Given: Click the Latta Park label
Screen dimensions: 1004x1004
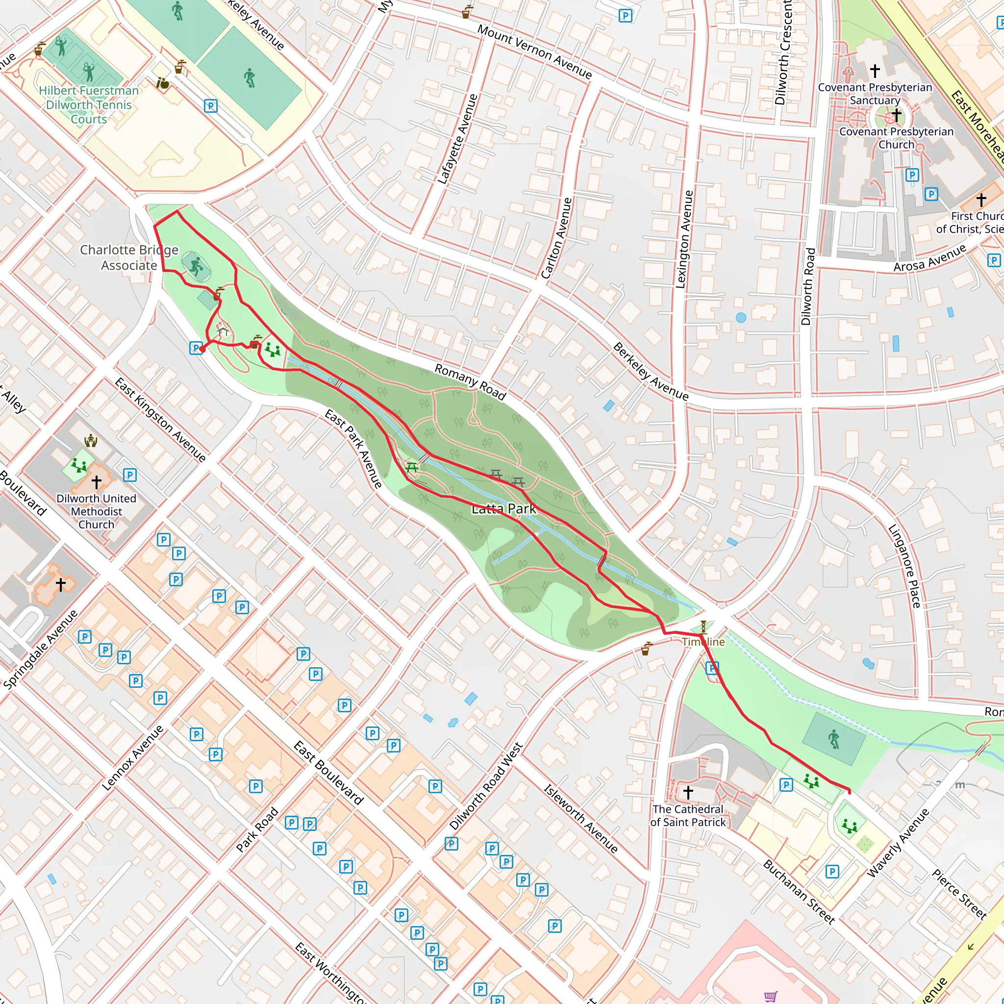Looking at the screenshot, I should click(x=503, y=509).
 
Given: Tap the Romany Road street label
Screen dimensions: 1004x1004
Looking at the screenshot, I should click(x=470, y=382).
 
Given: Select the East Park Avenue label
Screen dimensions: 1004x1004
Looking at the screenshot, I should click(x=354, y=449).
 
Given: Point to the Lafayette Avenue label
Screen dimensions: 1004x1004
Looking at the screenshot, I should click(x=457, y=139).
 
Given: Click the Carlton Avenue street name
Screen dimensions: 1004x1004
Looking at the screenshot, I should click(x=556, y=239).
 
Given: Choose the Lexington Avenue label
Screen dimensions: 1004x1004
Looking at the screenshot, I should click(x=684, y=239).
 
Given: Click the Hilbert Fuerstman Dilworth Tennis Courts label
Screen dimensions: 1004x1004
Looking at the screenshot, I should click(x=89, y=105).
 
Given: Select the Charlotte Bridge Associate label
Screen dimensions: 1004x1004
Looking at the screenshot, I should click(x=129, y=258).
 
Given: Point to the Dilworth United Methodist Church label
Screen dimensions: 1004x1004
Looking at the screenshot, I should click(x=96, y=511).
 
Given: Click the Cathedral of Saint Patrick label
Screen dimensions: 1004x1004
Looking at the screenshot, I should click(x=687, y=815).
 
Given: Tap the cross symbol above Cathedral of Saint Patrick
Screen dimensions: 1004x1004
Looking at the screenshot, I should click(x=688, y=792).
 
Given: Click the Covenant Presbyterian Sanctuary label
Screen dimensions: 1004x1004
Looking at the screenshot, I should click(x=875, y=94).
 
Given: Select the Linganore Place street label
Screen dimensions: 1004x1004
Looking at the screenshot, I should click(x=905, y=566).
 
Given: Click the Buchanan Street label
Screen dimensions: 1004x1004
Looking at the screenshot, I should click(x=799, y=892).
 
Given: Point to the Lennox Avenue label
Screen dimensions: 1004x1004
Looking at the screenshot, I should click(x=132, y=758).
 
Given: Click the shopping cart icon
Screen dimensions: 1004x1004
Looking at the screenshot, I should click(x=771, y=996).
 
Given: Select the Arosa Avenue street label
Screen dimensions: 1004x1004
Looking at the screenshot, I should click(x=929, y=258).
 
